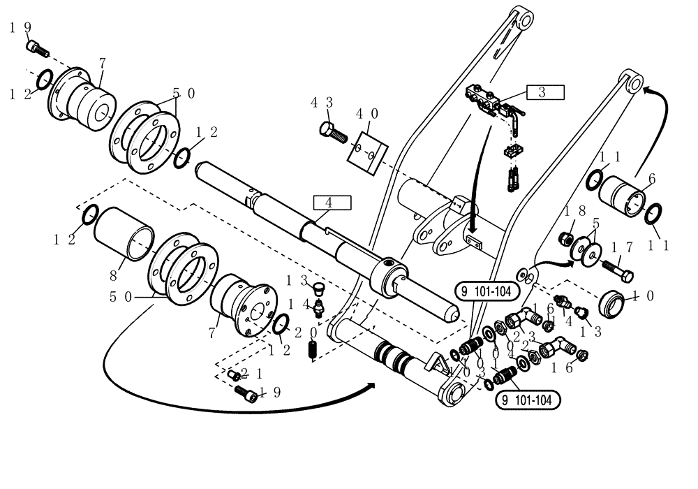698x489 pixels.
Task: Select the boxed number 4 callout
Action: coord(332,203)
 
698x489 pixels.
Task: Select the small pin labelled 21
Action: coord(235,375)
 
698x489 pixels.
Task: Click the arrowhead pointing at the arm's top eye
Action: coord(646,88)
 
